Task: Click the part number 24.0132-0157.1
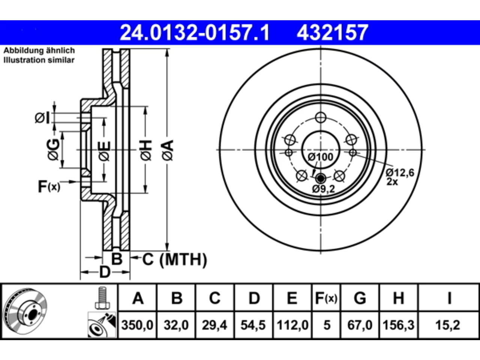(195, 33)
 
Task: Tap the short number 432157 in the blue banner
(332, 33)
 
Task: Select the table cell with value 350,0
(137, 325)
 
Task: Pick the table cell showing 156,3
(398, 325)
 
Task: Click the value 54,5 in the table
(253, 325)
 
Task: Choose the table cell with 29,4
(214, 325)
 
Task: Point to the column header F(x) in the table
(326, 298)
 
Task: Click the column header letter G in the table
(360, 298)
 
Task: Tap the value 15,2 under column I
(448, 325)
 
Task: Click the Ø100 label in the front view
(320, 157)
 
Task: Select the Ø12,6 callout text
(400, 172)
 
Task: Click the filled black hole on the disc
(321, 178)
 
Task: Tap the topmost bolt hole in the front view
(321, 117)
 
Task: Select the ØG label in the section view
(53, 150)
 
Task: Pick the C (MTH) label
(174, 259)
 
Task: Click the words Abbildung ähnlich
(39, 51)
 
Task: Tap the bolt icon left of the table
(102, 298)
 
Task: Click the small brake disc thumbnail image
(25, 311)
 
